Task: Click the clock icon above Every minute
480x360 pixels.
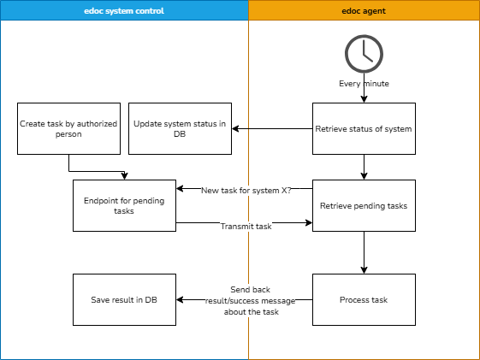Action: point(364,53)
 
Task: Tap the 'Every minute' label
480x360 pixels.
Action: point(364,84)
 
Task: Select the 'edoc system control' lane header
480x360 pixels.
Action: point(124,11)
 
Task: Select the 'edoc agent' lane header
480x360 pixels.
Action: point(364,11)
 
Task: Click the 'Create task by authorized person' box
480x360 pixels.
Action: point(68,128)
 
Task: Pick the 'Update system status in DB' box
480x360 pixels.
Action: point(180,128)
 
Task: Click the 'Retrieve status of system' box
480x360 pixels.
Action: point(364,128)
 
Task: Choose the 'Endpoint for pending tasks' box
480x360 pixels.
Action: point(124,205)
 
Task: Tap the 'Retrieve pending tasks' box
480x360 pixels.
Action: point(364,205)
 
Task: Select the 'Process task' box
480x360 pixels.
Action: point(364,299)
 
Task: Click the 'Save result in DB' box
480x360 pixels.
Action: point(124,299)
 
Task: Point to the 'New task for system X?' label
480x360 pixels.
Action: point(246,190)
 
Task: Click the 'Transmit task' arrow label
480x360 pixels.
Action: point(246,226)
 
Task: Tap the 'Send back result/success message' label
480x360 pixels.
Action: point(250,300)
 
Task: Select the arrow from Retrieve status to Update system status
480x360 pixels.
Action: point(272,129)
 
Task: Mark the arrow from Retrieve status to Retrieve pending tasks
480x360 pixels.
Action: point(364,167)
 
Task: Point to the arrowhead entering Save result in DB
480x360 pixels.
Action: point(180,300)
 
